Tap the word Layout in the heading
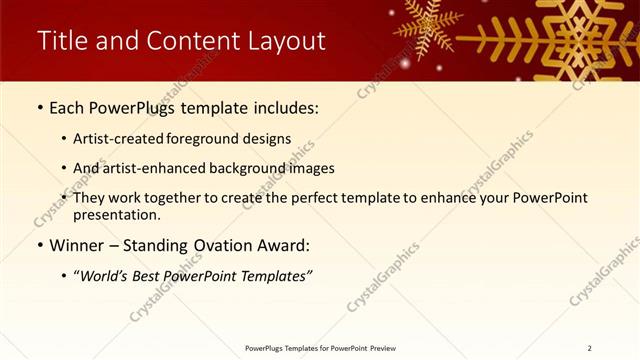click(288, 41)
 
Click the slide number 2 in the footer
click(589, 348)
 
